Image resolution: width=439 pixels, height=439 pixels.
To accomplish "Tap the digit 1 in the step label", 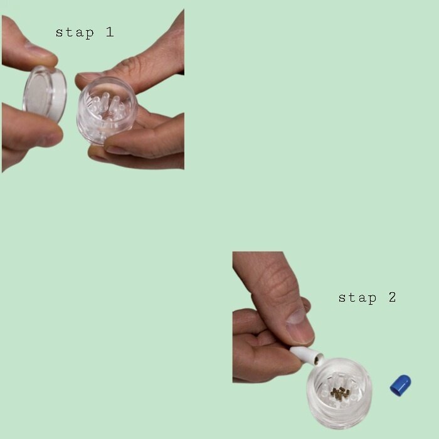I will click(110, 32).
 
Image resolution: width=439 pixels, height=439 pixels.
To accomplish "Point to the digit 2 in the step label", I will click(393, 297).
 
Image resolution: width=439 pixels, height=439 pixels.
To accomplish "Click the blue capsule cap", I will click(400, 384).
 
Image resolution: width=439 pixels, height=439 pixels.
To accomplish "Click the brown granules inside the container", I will click(339, 393).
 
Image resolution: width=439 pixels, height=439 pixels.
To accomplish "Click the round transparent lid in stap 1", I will click(45, 94).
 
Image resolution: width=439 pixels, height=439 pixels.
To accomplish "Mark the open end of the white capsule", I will click(319, 359).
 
